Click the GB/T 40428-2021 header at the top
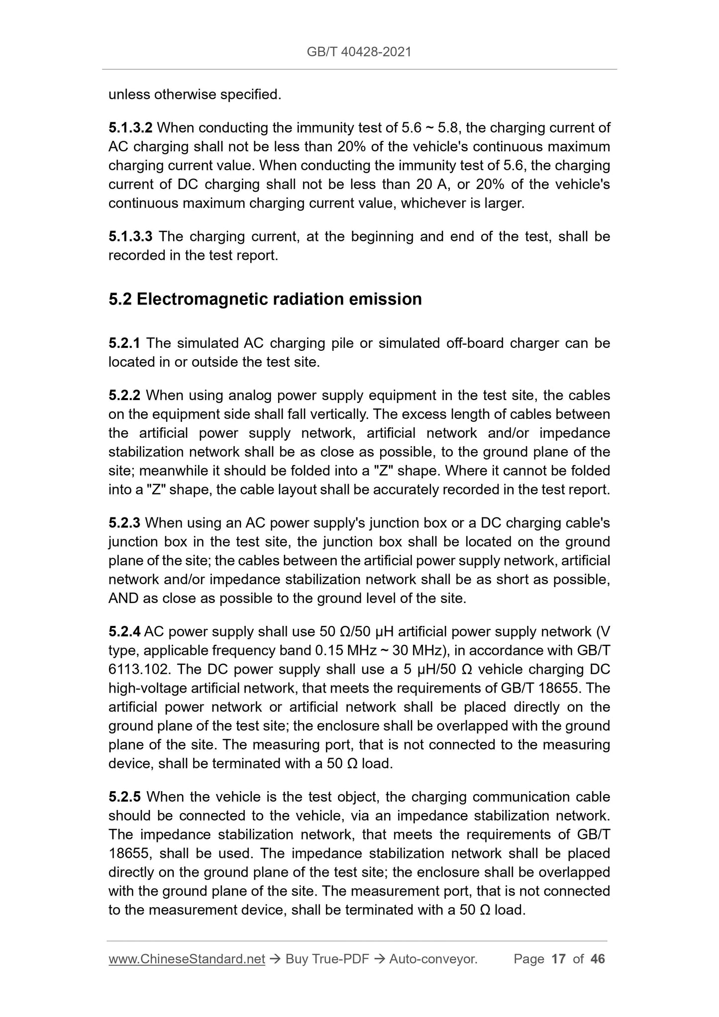click(359, 52)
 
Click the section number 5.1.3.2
click(130, 128)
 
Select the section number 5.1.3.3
click(130, 236)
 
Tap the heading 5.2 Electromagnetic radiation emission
click(265, 299)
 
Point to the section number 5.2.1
click(124, 343)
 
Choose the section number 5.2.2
click(124, 396)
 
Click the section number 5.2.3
click(124, 523)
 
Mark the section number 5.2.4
click(124, 632)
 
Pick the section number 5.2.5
click(124, 797)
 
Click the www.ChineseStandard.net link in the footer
click(187, 959)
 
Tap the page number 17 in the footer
click(559, 959)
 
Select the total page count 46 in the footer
click(597, 959)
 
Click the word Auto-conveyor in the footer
click(433, 959)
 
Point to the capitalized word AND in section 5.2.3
click(124, 599)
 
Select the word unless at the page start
click(129, 95)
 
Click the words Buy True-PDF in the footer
click(327, 959)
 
